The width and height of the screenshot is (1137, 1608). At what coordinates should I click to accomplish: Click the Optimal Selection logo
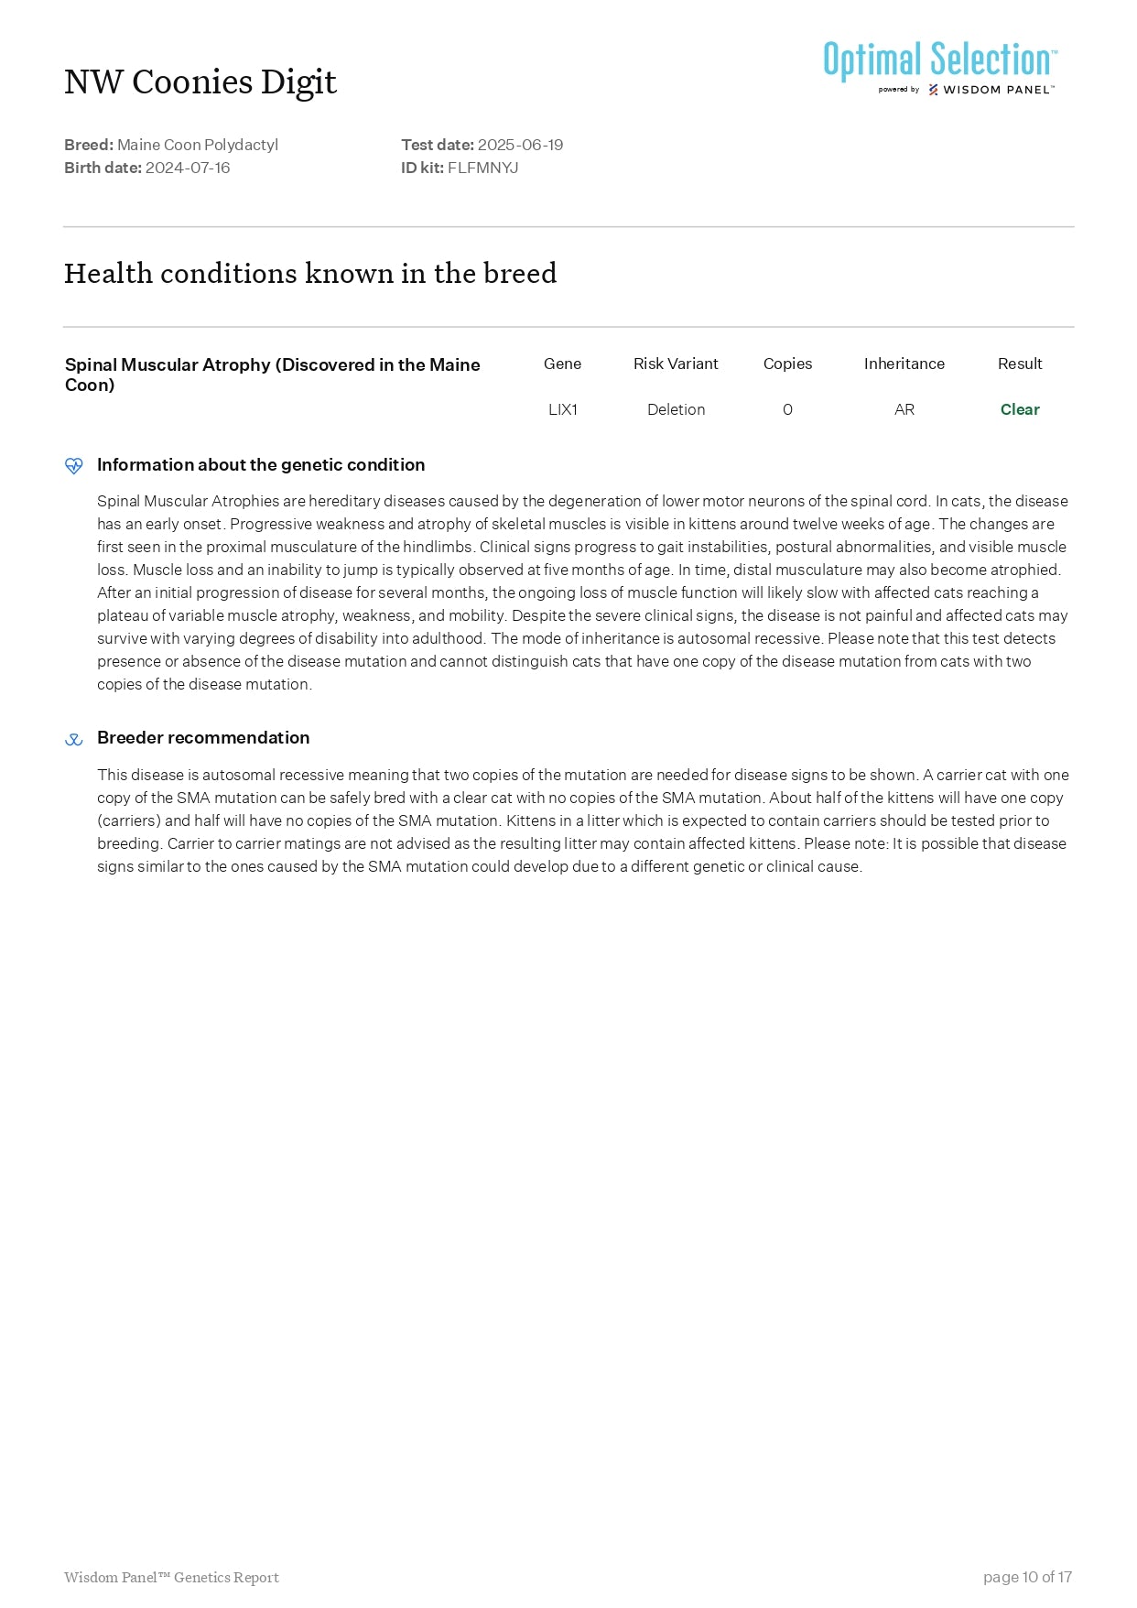coord(939,67)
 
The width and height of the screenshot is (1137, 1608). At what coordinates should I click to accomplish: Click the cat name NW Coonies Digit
coord(200,82)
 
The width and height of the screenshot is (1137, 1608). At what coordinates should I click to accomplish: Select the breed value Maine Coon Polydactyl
coord(198,145)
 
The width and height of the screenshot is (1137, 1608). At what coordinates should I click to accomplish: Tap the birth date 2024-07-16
coord(188,168)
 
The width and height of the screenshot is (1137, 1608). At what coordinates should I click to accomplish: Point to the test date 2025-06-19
coord(520,145)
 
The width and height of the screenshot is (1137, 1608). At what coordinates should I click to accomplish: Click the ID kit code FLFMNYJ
coord(482,168)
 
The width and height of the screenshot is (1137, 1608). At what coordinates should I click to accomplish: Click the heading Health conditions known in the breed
coord(310,274)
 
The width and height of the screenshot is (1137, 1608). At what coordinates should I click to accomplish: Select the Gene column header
coord(562,364)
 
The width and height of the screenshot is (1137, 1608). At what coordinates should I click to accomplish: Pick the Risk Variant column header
coord(676,364)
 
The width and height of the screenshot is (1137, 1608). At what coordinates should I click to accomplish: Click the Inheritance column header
coord(904,364)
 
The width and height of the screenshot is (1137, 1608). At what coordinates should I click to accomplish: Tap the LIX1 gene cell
coord(562,409)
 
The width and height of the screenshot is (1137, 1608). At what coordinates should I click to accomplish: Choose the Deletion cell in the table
coord(676,409)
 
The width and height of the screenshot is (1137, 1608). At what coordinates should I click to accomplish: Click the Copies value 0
coord(787,409)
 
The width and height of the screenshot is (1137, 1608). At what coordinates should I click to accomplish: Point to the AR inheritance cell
coord(904,409)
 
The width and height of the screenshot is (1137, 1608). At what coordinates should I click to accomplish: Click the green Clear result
coord(1020,409)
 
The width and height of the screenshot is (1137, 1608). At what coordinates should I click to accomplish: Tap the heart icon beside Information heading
coord(74,465)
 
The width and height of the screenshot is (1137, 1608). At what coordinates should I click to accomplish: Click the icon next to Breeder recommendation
coord(74,739)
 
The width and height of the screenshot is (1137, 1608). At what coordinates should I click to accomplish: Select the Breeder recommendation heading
coord(203,738)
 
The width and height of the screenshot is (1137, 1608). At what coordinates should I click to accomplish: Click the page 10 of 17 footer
coord(1027,1577)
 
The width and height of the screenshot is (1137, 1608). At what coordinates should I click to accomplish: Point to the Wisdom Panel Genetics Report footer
coord(171,1577)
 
